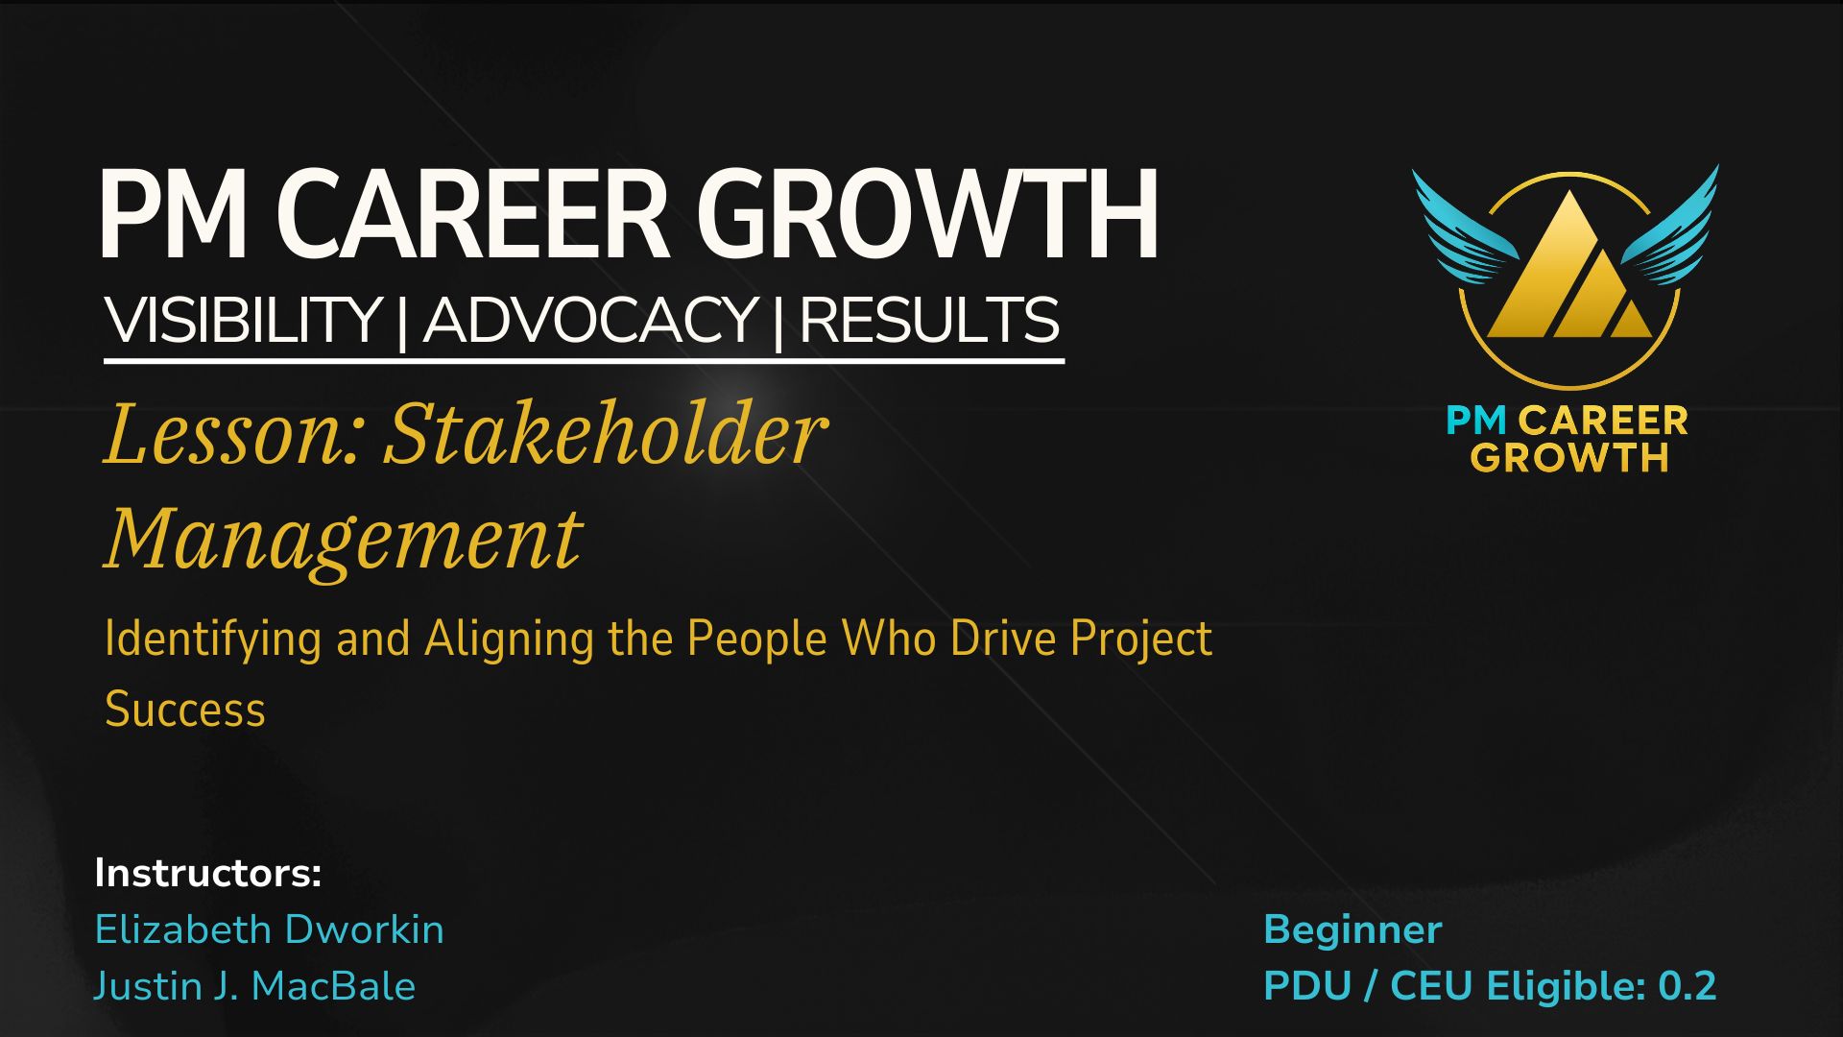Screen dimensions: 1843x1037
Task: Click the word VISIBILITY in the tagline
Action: click(243, 320)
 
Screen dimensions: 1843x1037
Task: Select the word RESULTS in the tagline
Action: click(929, 320)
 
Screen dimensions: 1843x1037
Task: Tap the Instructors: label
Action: click(207, 873)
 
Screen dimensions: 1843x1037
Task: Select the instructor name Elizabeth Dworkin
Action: click(270, 929)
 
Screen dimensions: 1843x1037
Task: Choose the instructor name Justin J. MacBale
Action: click(254, 986)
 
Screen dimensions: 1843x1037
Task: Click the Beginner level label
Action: click(1352, 929)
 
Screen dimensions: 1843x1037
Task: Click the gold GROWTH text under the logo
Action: click(1569, 457)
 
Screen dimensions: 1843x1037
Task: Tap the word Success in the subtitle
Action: click(185, 710)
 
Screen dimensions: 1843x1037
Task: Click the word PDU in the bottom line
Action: click(1307, 986)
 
